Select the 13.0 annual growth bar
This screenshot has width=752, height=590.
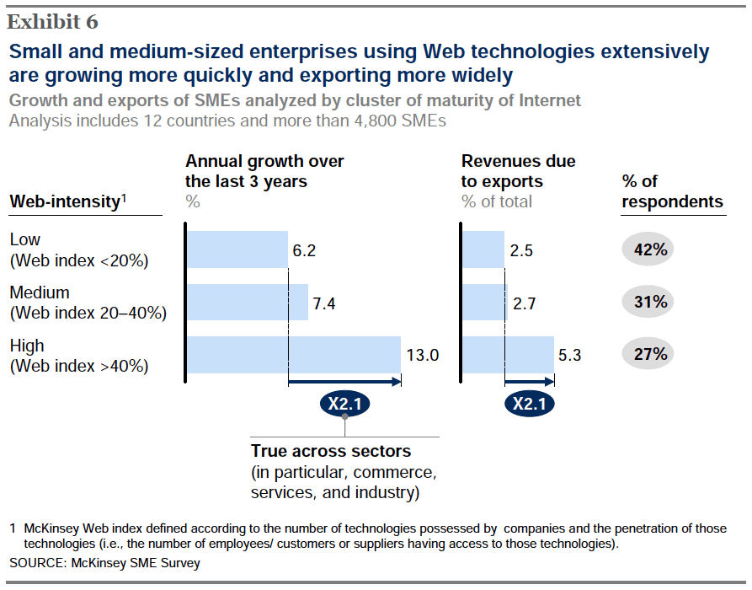point(293,355)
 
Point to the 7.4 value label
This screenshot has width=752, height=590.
point(324,303)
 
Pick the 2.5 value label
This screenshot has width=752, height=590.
point(522,250)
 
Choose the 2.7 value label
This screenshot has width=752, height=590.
point(525,303)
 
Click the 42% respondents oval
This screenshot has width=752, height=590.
point(651,249)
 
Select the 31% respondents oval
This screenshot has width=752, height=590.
point(651,302)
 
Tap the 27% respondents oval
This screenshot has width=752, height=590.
point(651,354)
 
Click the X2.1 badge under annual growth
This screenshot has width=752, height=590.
point(344,405)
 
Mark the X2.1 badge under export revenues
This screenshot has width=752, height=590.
point(530,405)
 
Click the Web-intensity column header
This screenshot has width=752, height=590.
point(67,202)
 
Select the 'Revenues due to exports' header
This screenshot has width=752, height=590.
point(518,171)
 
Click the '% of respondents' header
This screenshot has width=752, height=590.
point(671,191)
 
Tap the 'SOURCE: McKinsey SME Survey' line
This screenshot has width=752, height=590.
point(105,562)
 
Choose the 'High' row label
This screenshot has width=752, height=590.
point(27,346)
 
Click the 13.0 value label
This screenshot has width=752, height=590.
point(422,356)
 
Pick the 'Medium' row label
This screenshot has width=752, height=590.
point(40,292)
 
